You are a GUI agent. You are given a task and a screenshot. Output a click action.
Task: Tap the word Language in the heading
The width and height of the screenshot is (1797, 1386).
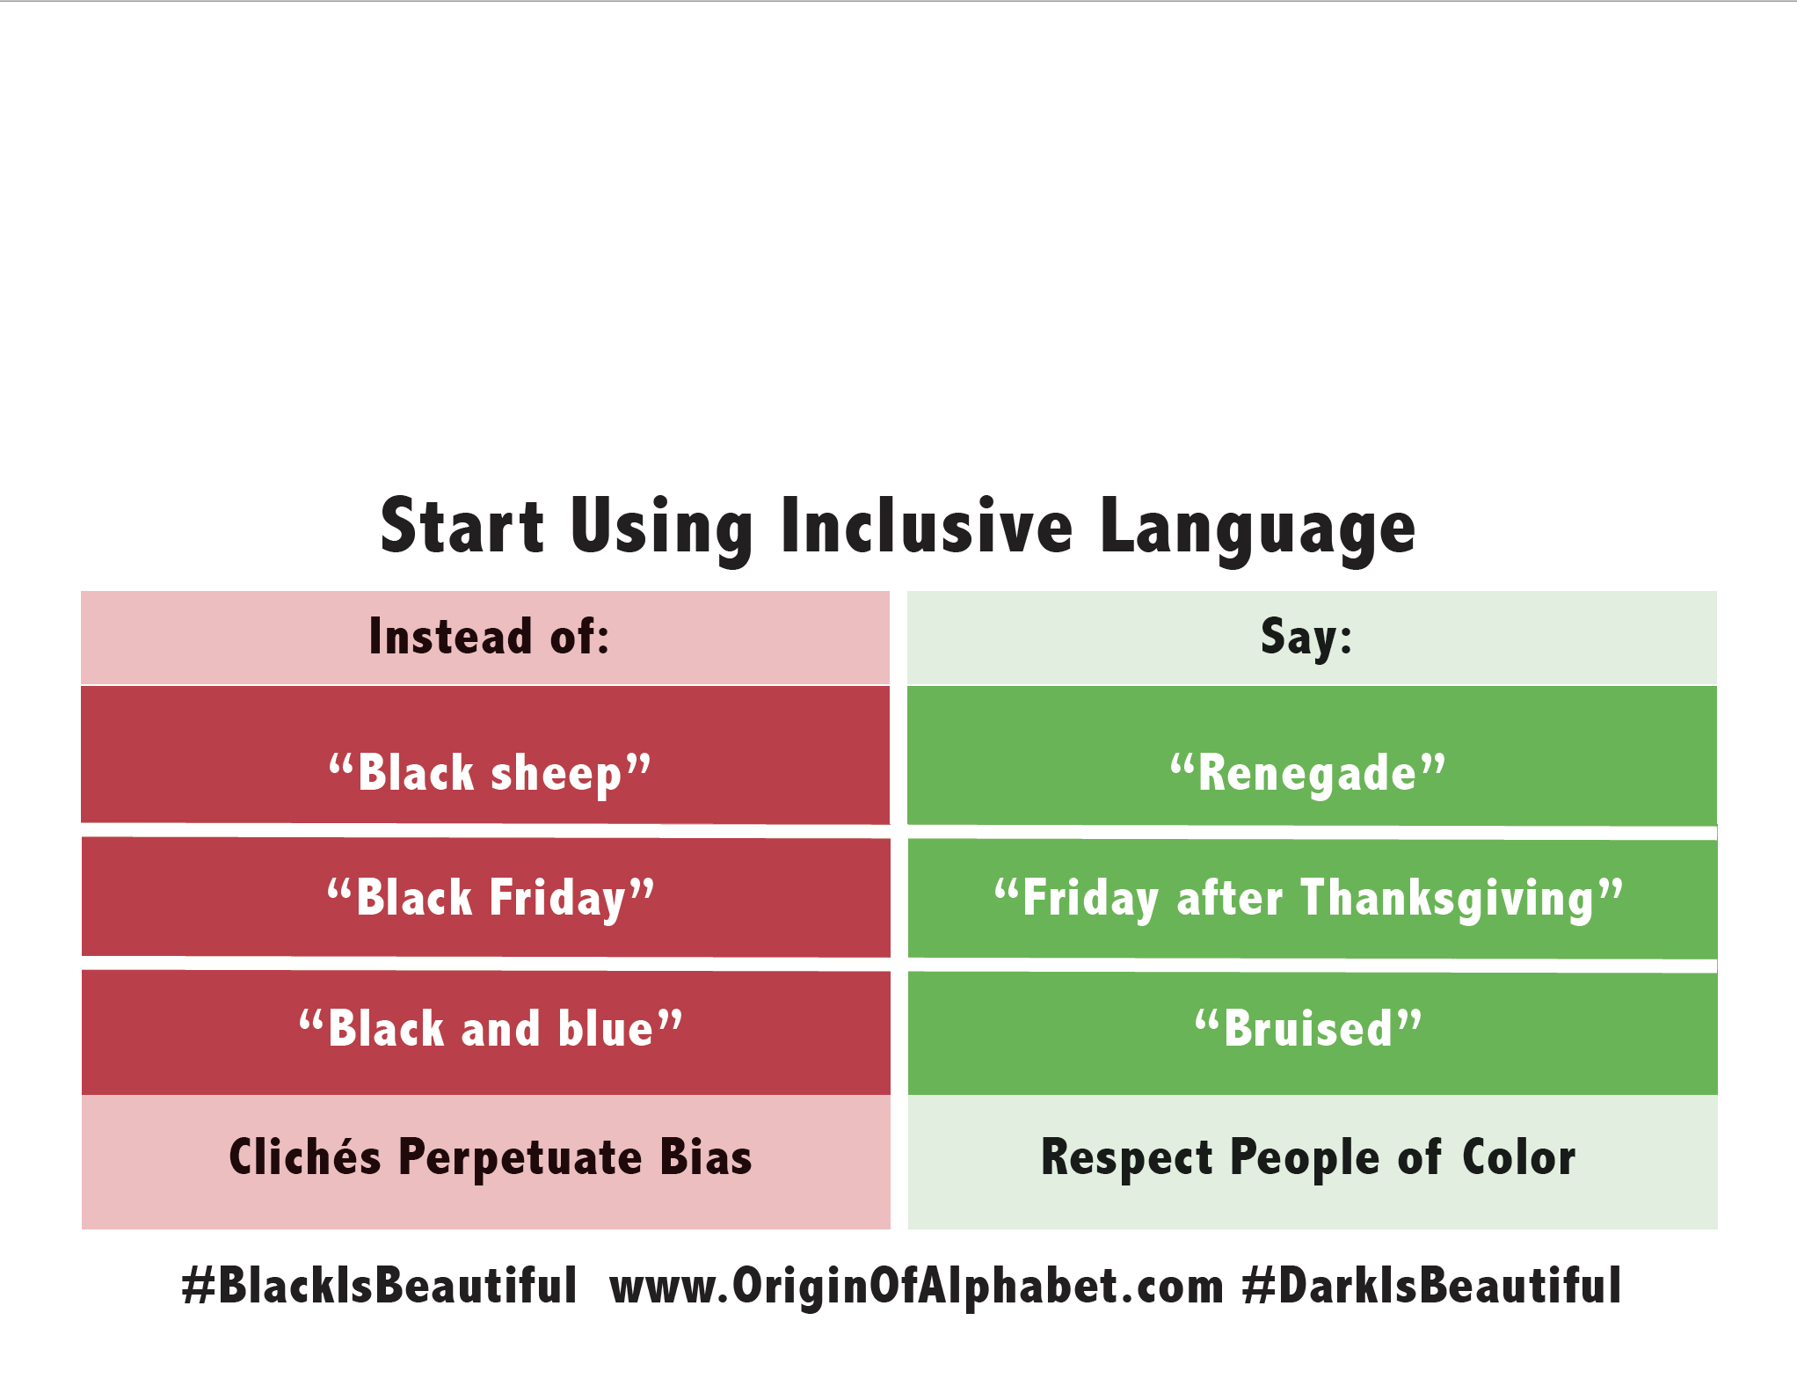[x=1257, y=528]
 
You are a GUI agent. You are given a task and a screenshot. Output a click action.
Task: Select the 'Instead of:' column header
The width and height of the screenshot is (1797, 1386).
[x=489, y=637]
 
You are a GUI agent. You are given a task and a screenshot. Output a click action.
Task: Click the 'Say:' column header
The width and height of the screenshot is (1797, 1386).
[x=1306, y=637]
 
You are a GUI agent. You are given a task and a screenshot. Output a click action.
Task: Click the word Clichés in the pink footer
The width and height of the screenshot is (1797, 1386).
[x=304, y=1157]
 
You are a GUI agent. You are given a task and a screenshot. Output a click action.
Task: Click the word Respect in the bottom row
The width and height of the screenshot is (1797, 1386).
[x=1126, y=1157]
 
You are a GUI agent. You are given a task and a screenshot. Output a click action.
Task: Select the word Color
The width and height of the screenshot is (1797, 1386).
[x=1518, y=1157]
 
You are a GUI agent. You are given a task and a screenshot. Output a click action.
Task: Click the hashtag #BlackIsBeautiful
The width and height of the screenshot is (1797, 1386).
[x=379, y=1286]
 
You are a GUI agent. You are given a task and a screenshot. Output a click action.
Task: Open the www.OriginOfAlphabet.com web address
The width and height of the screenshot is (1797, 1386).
[x=916, y=1286]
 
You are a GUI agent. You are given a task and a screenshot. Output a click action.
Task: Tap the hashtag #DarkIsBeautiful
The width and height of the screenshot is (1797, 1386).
[x=1431, y=1286]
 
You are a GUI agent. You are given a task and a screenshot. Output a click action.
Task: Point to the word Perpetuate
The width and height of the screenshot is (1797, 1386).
[x=520, y=1157]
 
